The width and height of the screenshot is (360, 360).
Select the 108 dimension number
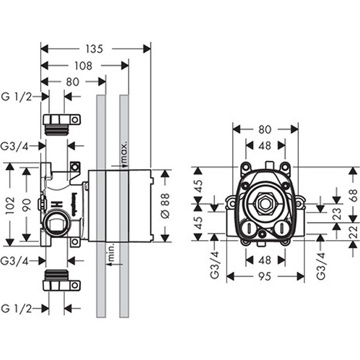tap(84, 65)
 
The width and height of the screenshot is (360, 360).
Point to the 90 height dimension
tap(26, 204)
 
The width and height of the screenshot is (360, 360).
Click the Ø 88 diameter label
tap(166, 205)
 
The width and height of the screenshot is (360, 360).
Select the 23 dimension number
tap(337, 212)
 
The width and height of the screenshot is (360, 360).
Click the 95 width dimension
tap(265, 277)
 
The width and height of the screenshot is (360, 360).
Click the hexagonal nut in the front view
tap(264, 205)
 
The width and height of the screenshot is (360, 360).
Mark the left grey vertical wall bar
tap(101, 204)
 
